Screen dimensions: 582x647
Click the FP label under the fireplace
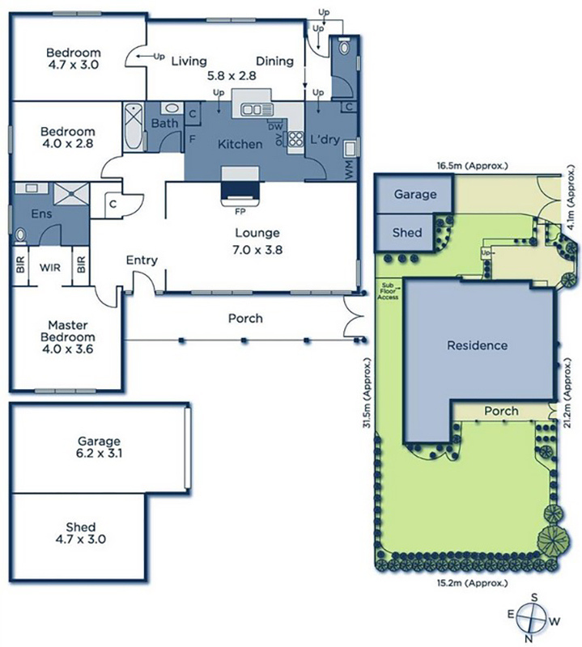pos(240,211)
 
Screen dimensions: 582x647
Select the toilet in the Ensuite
pos(19,236)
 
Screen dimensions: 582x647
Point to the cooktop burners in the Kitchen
pos(295,138)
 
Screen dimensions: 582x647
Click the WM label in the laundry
pos(350,170)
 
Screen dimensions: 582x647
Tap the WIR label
pos(50,268)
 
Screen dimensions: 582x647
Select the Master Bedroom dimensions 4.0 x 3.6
pos(67,349)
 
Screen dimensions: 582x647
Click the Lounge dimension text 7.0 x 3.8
pos(257,250)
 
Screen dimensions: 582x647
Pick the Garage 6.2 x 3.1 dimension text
pos(99,454)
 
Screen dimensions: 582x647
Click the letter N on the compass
pos(528,640)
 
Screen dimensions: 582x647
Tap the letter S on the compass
pos(534,597)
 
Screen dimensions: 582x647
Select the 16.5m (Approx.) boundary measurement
pos(472,166)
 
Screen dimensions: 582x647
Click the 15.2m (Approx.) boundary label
pos(472,582)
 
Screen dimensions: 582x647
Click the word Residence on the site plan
pos(477,345)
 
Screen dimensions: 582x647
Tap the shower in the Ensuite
pos(71,193)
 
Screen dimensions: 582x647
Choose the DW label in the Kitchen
pos(275,127)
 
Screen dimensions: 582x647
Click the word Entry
pos(142,260)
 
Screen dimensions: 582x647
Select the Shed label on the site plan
pos(407,232)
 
